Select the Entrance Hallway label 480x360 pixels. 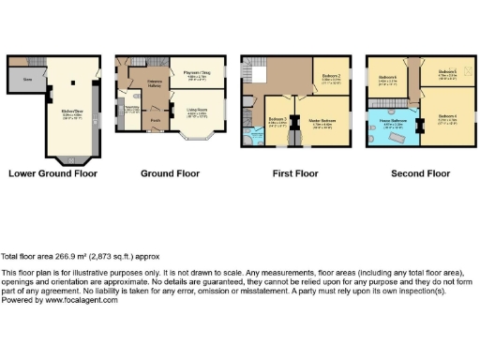[x=154, y=85]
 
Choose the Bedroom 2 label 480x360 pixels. [x=331, y=78]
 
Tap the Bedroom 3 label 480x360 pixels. [x=278, y=120]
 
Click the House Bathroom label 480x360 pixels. [x=392, y=121]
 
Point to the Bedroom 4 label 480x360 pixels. [x=447, y=119]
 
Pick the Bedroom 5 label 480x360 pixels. [x=447, y=73]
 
